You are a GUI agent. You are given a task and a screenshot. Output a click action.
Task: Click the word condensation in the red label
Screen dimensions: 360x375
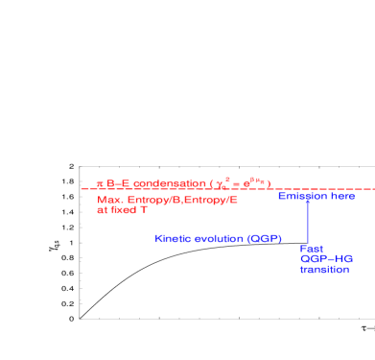click(x=169, y=182)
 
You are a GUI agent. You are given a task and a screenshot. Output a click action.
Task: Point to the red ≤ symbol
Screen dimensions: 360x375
click(x=99, y=182)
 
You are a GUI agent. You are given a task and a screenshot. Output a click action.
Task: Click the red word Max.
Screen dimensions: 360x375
click(x=108, y=200)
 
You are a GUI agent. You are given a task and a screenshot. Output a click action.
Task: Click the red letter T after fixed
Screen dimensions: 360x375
click(x=144, y=210)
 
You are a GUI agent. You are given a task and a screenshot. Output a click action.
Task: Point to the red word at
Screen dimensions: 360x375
click(x=102, y=210)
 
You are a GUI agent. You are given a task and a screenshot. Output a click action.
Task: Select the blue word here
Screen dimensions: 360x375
click(x=342, y=196)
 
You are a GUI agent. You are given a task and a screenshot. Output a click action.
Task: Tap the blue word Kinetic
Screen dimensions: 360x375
click(x=175, y=238)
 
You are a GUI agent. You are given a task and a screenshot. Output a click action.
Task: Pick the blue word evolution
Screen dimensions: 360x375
click(x=220, y=238)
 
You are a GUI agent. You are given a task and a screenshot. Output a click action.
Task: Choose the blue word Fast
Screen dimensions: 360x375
click(x=311, y=249)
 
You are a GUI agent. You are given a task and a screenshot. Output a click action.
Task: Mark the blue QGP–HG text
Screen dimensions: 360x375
click(x=326, y=259)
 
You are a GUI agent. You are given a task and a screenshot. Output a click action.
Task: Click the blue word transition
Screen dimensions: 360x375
click(x=324, y=270)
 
